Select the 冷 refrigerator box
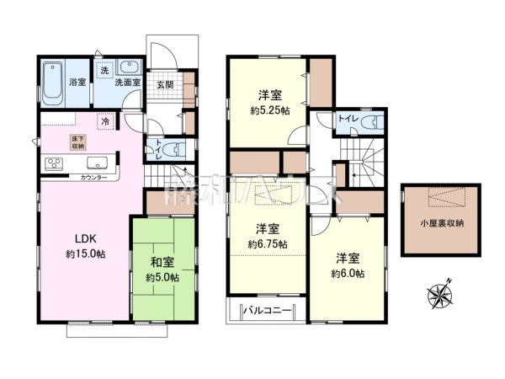(105, 123)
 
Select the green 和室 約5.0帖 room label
(162, 268)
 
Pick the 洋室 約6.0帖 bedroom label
(348, 265)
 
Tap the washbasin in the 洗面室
(130, 67)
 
